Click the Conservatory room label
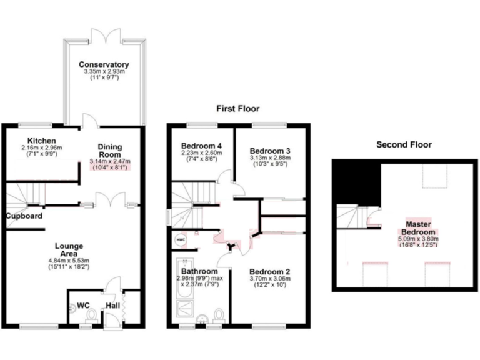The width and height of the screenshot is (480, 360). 104,64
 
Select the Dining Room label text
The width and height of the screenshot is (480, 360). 109,151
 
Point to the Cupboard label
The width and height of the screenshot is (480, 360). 24,216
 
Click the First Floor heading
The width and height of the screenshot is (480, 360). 237,108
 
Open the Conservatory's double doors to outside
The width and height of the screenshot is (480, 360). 104,36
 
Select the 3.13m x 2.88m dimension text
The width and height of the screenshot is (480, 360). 270,159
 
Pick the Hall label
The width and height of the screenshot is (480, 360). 114,306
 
